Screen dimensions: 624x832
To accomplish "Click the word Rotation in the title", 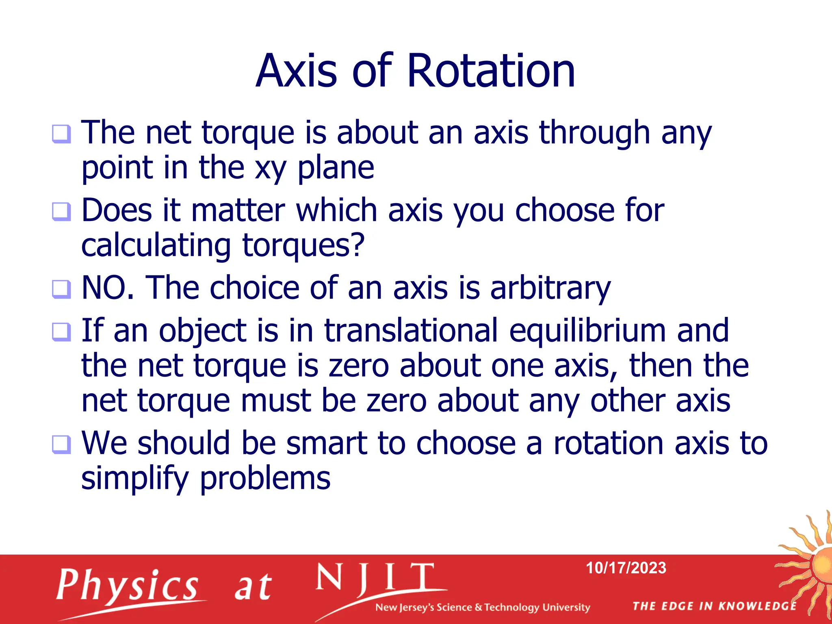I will (491, 71).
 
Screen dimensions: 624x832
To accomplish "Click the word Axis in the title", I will (297, 71).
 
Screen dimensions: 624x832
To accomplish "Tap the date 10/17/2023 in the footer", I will (626, 568).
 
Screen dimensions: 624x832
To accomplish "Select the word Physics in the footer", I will (127, 585).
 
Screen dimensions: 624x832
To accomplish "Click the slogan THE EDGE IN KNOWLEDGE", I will (714, 606).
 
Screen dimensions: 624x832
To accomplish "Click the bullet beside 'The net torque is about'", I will (61, 134).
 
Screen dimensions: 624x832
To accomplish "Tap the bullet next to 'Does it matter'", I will (61, 212).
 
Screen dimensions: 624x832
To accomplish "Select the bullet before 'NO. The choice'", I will (61, 289).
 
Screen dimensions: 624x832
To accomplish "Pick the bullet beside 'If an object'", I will (61, 332).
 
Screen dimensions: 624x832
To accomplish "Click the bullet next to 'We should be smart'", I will (61, 444).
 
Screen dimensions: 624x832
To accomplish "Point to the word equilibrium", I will (587, 331).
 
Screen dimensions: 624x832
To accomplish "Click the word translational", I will (411, 330).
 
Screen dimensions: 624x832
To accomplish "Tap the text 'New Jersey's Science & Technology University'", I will (482, 607).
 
